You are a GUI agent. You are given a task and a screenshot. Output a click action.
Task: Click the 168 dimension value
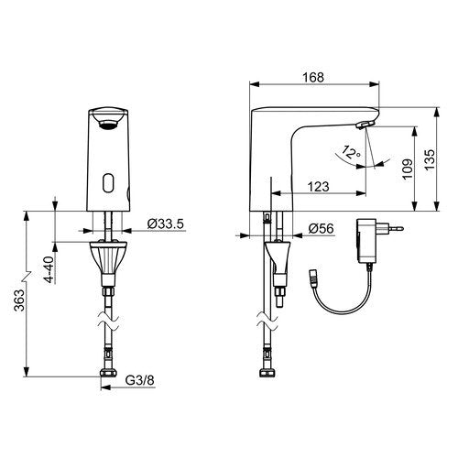[313, 77]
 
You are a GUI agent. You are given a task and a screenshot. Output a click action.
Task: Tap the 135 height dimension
[430, 159]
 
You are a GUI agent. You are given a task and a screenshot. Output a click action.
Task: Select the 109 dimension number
[408, 169]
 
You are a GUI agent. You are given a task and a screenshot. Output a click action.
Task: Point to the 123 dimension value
[318, 187]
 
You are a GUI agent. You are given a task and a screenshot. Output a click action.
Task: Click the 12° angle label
[351, 152]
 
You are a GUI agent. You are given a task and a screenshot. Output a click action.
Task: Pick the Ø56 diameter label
[321, 228]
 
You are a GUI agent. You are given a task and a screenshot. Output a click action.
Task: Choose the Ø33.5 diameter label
[166, 224]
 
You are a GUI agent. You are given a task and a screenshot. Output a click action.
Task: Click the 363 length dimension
[19, 300]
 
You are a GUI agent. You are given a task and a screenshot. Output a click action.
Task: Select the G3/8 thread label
[140, 380]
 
